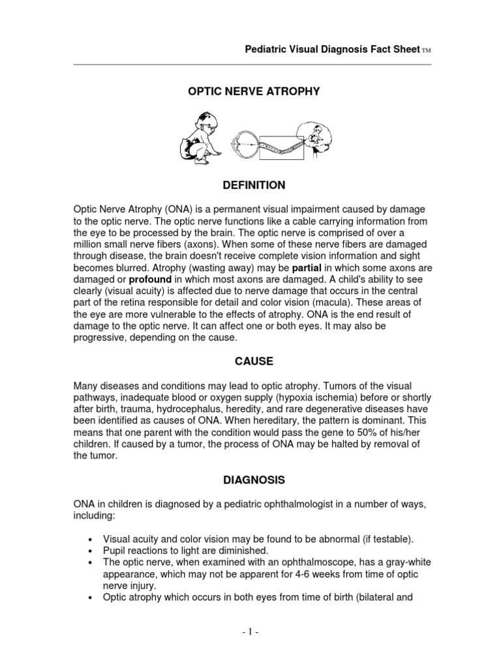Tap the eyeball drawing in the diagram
(245, 138)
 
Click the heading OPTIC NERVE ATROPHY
(254, 92)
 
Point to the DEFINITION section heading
(254, 185)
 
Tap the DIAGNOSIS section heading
(254, 479)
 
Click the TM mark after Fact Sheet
(427, 51)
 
